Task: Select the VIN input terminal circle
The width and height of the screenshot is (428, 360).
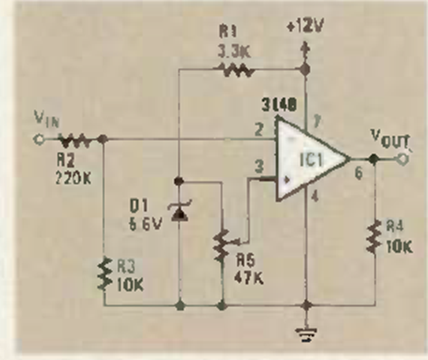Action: [x=40, y=138]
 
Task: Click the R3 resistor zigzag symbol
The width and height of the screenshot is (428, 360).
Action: [x=104, y=272]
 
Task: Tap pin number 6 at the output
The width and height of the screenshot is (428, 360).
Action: [x=358, y=174]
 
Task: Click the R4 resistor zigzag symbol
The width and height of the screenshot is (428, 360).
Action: [x=374, y=235]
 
